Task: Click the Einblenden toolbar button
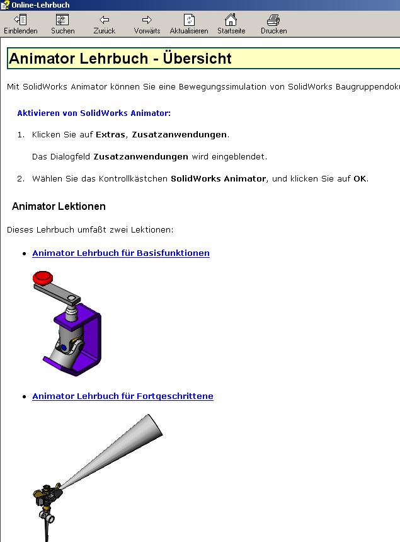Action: coord(20,25)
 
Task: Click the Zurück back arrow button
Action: coord(105,25)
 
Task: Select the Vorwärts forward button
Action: coord(147,25)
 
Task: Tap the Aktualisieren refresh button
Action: coord(189,25)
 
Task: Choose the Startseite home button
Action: coord(231,25)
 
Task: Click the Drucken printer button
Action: coord(273,25)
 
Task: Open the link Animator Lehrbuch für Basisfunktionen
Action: coord(121,253)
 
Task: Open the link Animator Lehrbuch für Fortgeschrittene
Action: coord(123,396)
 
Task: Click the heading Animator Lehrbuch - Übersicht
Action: coord(120,59)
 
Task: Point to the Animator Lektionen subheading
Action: coord(59,207)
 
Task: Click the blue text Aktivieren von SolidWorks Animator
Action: coord(94,113)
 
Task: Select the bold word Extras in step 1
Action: coord(110,135)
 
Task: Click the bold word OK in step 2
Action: coord(360,179)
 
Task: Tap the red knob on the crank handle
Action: coord(43,277)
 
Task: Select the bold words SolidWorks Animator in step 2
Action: coord(219,179)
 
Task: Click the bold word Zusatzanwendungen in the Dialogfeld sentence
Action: coord(141,157)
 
